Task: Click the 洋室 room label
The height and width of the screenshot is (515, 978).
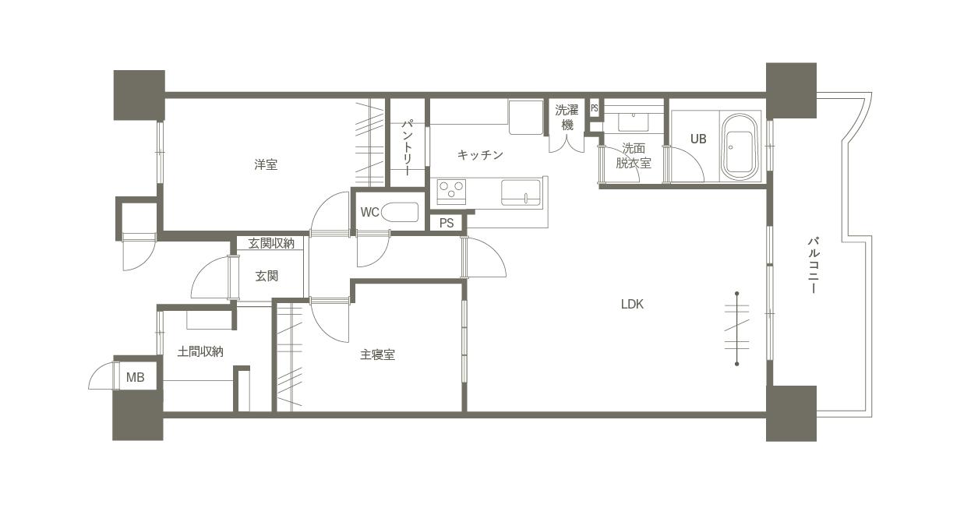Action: click(x=266, y=164)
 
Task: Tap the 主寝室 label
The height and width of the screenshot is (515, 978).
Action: click(x=378, y=355)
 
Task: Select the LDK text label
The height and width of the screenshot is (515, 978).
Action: click(x=632, y=304)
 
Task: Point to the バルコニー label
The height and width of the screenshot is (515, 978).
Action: click(x=813, y=265)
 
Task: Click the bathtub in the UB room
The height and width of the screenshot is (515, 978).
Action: click(x=739, y=146)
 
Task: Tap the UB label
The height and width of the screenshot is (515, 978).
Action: click(x=698, y=139)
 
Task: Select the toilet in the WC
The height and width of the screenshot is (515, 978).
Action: click(x=400, y=213)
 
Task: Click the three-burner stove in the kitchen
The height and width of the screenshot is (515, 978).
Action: click(x=451, y=192)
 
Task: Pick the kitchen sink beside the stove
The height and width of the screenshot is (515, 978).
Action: click(x=521, y=192)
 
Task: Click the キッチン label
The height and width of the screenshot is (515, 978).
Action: click(x=480, y=154)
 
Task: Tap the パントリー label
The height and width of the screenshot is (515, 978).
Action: click(x=408, y=148)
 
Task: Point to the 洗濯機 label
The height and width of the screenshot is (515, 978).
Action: click(x=567, y=118)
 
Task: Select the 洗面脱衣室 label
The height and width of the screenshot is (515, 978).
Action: click(x=634, y=156)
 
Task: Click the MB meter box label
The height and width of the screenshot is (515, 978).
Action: click(x=135, y=377)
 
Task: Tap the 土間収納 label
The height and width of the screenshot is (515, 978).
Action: click(x=200, y=351)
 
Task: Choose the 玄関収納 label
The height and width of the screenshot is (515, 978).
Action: click(x=271, y=243)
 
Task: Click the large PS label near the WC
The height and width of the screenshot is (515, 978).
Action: click(x=447, y=223)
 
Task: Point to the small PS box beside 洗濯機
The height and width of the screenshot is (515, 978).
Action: click(x=595, y=108)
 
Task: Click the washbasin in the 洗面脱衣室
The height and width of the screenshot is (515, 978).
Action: click(x=634, y=122)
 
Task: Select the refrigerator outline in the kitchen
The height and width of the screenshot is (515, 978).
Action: click(x=526, y=118)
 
